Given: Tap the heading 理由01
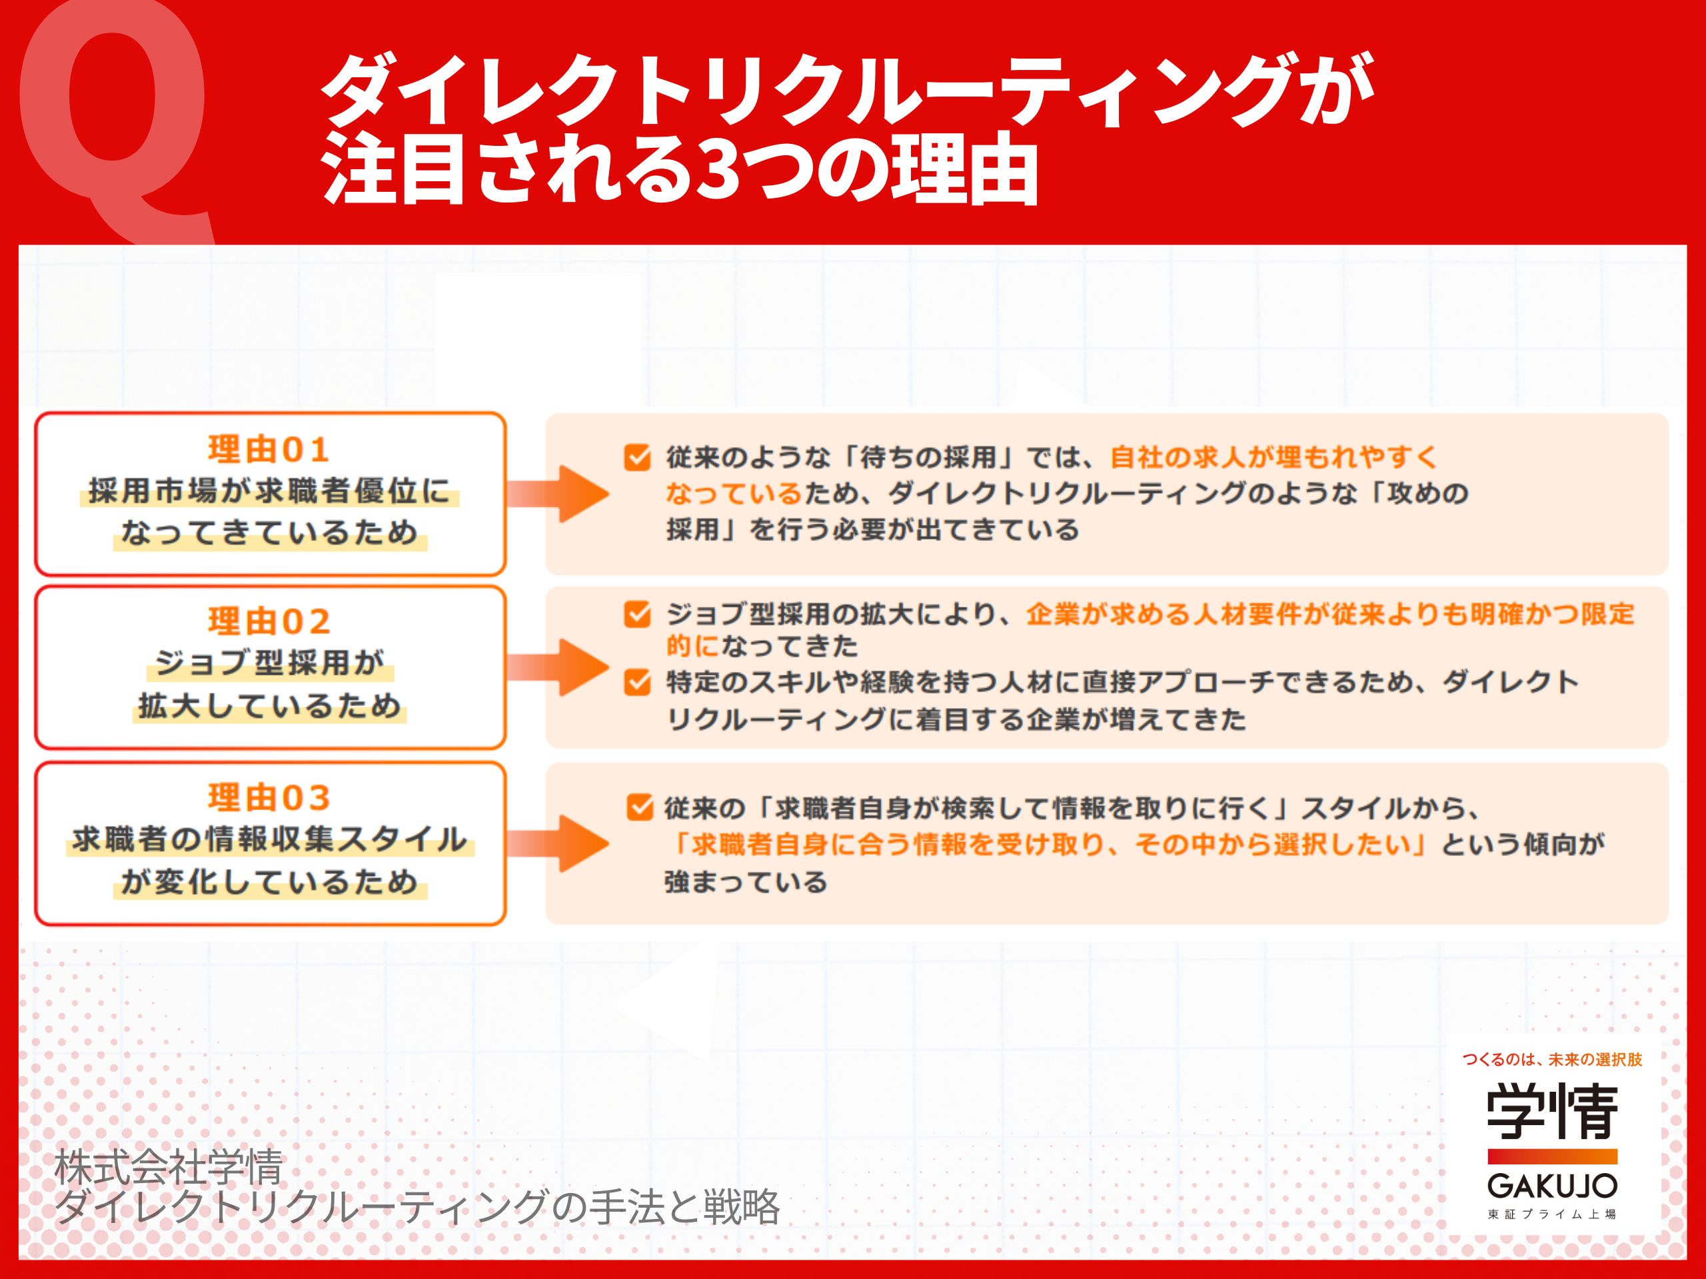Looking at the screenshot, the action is [x=269, y=450].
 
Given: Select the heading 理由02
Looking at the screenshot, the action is [x=269, y=621].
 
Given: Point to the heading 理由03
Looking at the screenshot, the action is [x=269, y=797].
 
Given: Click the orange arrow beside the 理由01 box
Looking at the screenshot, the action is [x=558, y=494].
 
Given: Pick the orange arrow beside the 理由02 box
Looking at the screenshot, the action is [x=558, y=667].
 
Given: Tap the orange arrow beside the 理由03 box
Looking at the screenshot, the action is [x=558, y=843].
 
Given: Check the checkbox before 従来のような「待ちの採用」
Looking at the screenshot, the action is [x=637, y=456].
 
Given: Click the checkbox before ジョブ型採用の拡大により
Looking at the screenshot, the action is [x=637, y=614].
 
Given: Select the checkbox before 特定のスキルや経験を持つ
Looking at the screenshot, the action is [x=637, y=682].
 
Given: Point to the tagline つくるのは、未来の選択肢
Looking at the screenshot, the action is [x=1553, y=1059].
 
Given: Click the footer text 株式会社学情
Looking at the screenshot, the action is [x=169, y=1166].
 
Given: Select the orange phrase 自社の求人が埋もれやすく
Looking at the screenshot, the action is [x=1274, y=457].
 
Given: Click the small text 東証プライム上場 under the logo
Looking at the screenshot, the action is [x=1552, y=1214].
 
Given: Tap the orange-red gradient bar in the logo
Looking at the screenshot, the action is [x=1552, y=1156].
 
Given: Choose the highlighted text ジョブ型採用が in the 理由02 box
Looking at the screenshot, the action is [x=269, y=663].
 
